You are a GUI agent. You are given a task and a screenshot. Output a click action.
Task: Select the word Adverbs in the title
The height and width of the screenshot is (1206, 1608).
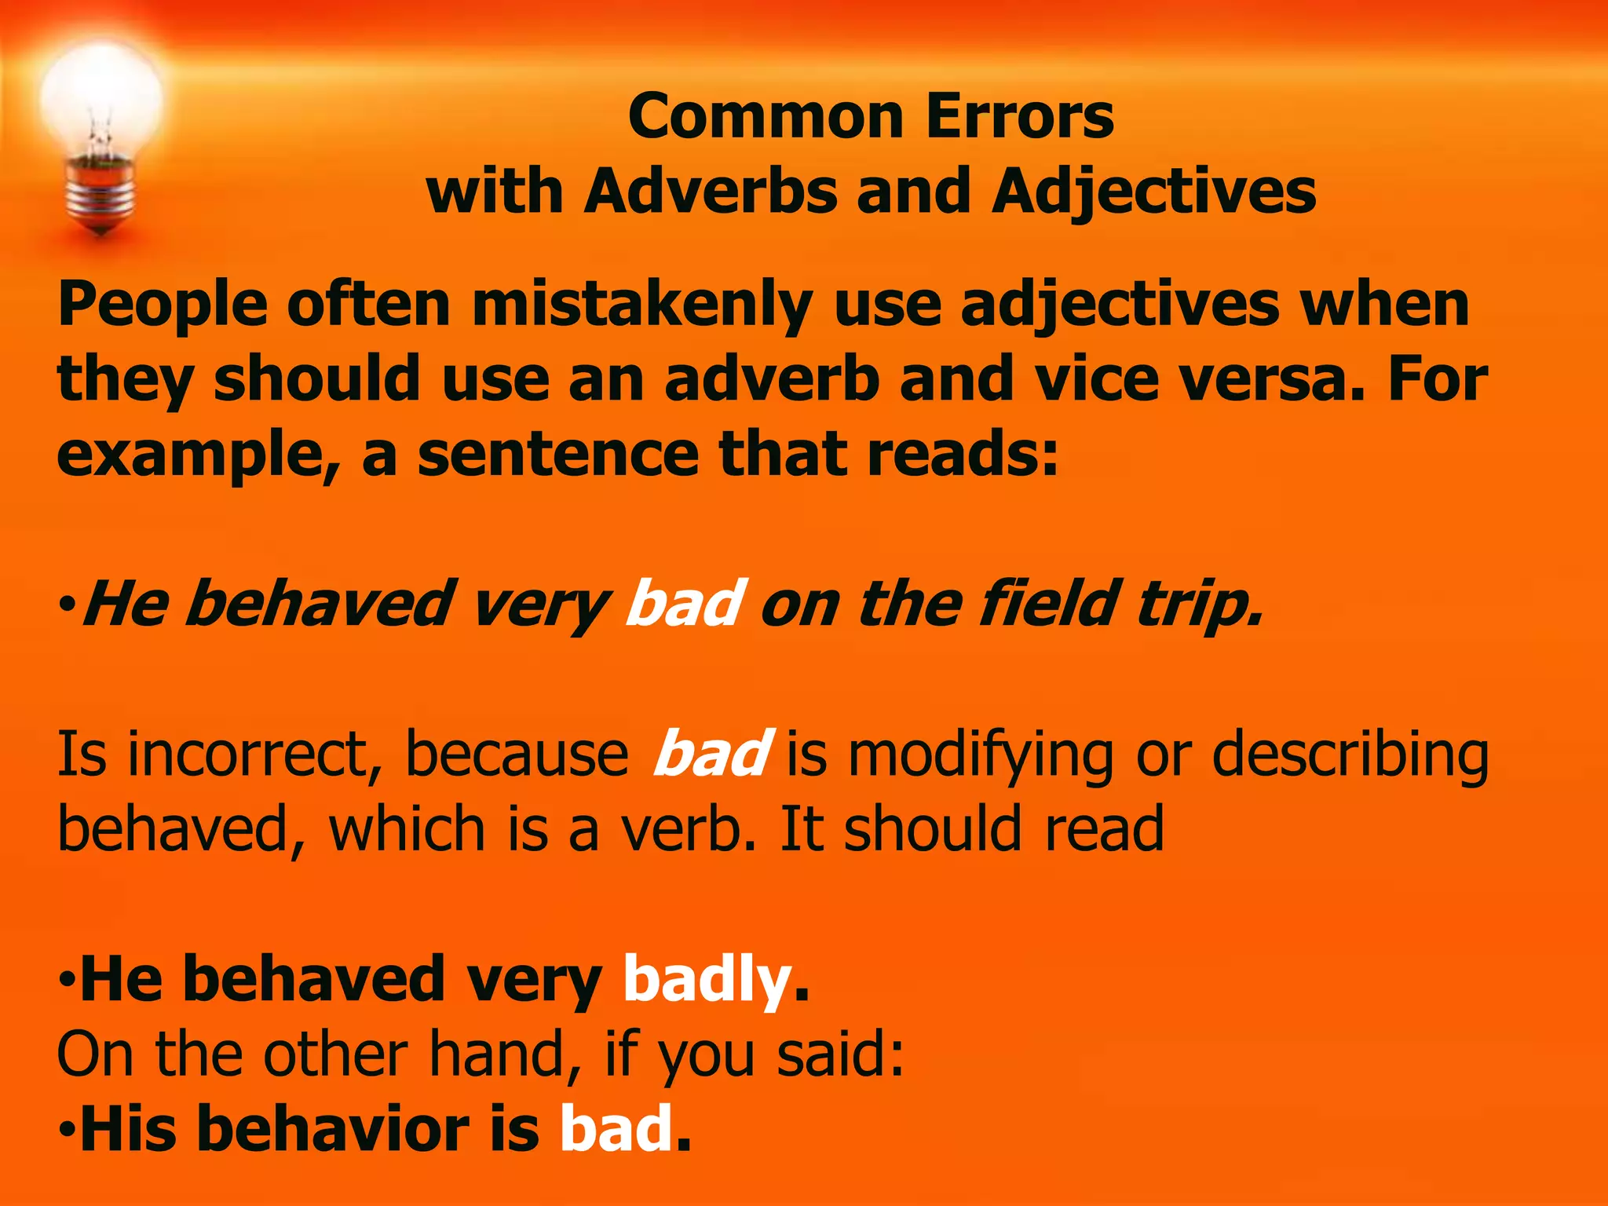(711, 192)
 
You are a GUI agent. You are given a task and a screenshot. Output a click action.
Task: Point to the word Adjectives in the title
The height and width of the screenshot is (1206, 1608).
(1153, 193)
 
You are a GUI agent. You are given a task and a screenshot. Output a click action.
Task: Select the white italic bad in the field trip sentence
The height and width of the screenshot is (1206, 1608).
(683, 603)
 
